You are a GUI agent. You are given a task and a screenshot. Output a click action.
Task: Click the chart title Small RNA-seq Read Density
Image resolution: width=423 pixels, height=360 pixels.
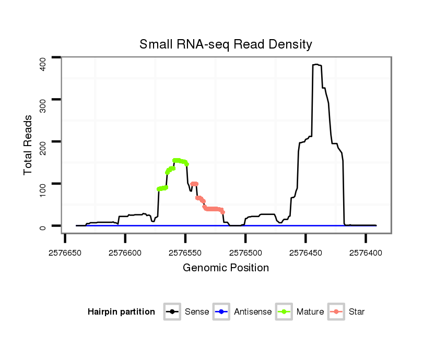226,44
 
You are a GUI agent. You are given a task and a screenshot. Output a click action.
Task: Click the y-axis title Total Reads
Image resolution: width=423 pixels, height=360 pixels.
28,145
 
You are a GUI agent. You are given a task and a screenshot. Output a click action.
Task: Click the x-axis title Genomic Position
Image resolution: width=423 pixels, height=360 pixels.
226,268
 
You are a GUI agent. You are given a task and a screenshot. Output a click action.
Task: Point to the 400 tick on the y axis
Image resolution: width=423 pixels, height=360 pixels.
43,63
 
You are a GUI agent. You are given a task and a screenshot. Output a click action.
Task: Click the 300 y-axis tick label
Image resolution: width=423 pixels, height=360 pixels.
43,105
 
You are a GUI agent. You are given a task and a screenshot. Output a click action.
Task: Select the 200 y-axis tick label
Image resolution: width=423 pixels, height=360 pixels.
43,148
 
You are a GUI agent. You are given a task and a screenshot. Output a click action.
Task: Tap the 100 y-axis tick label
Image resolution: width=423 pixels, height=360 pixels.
43,190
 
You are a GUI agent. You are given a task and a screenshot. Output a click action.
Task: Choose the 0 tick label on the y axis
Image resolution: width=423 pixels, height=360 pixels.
43,227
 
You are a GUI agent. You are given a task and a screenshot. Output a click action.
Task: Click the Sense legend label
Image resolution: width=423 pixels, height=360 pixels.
197,312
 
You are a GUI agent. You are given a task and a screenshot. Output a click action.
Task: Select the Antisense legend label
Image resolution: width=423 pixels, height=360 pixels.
252,312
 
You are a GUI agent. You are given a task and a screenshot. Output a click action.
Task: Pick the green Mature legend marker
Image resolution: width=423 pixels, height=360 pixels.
284,312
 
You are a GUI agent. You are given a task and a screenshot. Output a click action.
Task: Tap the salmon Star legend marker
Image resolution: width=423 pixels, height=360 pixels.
337,312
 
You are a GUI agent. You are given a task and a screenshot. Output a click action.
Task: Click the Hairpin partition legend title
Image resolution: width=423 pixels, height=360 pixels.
121,312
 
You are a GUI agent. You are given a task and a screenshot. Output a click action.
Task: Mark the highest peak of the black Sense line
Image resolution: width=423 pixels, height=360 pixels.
316,65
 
